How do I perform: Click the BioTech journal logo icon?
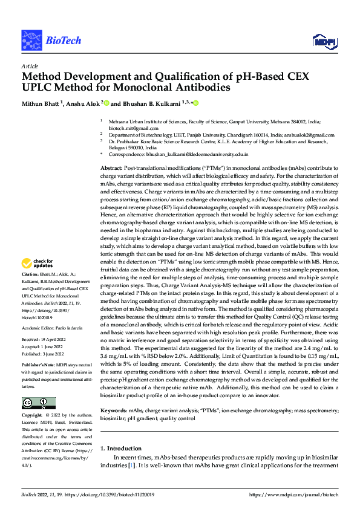click(x=31, y=40)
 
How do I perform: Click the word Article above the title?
click(x=30, y=65)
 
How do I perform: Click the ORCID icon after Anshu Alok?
click(x=106, y=103)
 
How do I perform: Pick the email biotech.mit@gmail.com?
click(x=129, y=129)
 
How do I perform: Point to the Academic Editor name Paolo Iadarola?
click(x=68, y=327)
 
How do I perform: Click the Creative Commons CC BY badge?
click(x=38, y=403)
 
